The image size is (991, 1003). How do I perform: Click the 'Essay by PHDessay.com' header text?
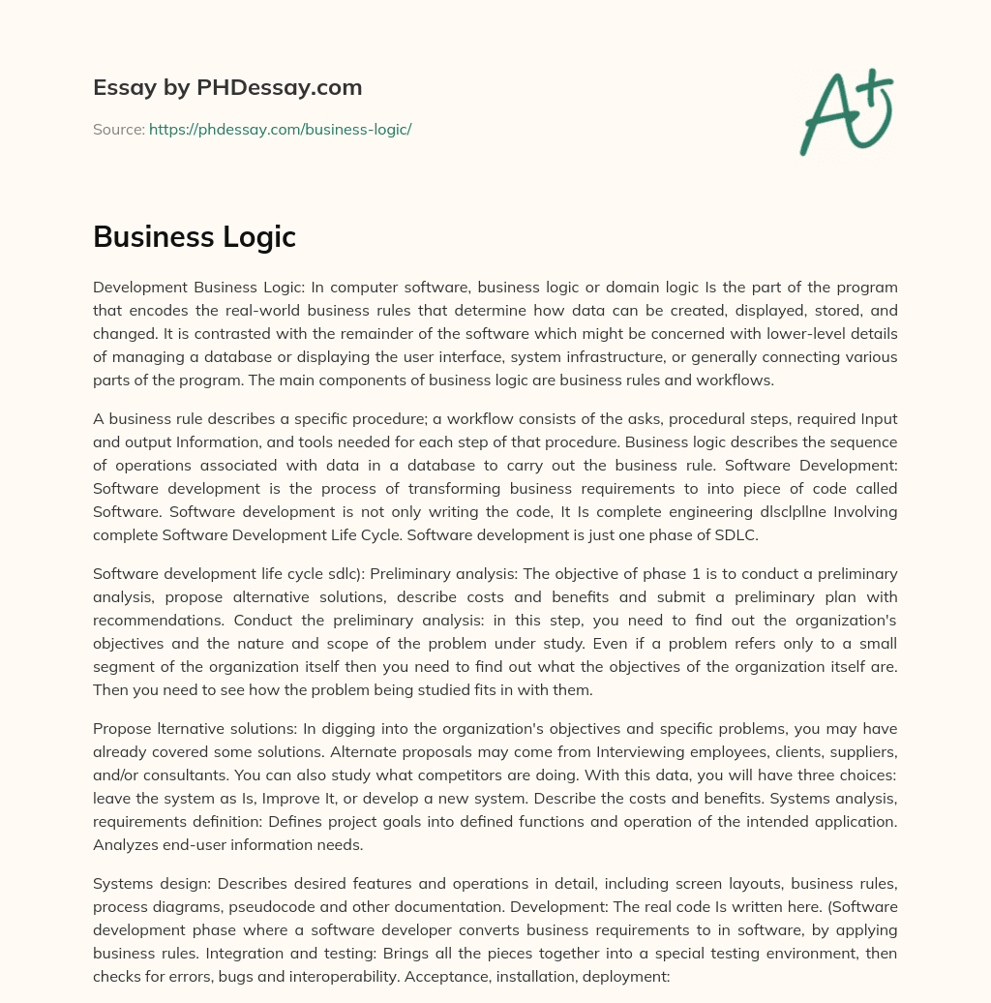(x=227, y=88)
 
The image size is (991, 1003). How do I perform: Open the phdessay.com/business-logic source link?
(x=280, y=129)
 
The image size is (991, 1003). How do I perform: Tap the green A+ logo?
(x=845, y=112)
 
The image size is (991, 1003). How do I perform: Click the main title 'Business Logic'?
(x=195, y=236)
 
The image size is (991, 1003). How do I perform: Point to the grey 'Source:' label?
(x=118, y=129)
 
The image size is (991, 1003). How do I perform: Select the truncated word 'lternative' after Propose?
(x=192, y=729)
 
